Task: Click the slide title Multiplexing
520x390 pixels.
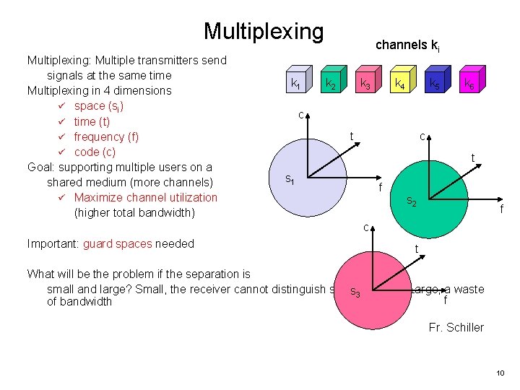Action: tap(264, 31)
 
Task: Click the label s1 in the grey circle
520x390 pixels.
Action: tap(289, 178)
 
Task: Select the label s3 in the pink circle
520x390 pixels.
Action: tap(355, 292)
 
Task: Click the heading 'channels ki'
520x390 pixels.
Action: tap(407, 45)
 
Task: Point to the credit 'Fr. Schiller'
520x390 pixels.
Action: tap(456, 327)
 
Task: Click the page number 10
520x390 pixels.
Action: tap(500, 373)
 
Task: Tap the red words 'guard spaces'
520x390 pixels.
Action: tap(118, 243)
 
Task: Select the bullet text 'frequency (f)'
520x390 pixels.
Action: tap(106, 136)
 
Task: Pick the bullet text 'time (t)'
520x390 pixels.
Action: tap(92, 121)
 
